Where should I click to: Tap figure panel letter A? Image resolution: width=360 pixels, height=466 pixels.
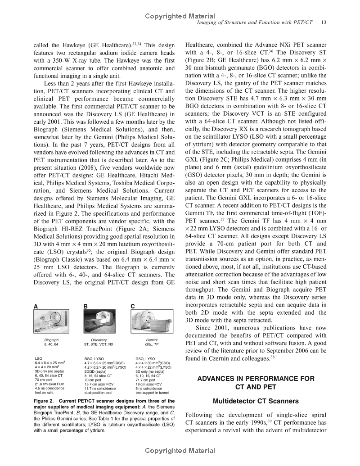[x=36, y=307]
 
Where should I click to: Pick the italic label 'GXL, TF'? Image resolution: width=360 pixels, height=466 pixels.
[x=152, y=344]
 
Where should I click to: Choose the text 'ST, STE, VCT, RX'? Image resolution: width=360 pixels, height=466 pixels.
[x=99, y=344]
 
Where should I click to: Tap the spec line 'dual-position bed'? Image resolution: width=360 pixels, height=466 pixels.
[x=99, y=392]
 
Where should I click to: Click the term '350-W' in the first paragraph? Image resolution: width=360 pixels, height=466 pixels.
[x=66, y=61]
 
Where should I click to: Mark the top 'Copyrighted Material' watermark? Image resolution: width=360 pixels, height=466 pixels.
[x=180, y=16]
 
